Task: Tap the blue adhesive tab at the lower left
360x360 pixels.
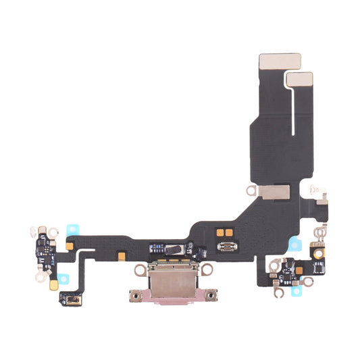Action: pyautogui.click(x=64, y=276)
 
